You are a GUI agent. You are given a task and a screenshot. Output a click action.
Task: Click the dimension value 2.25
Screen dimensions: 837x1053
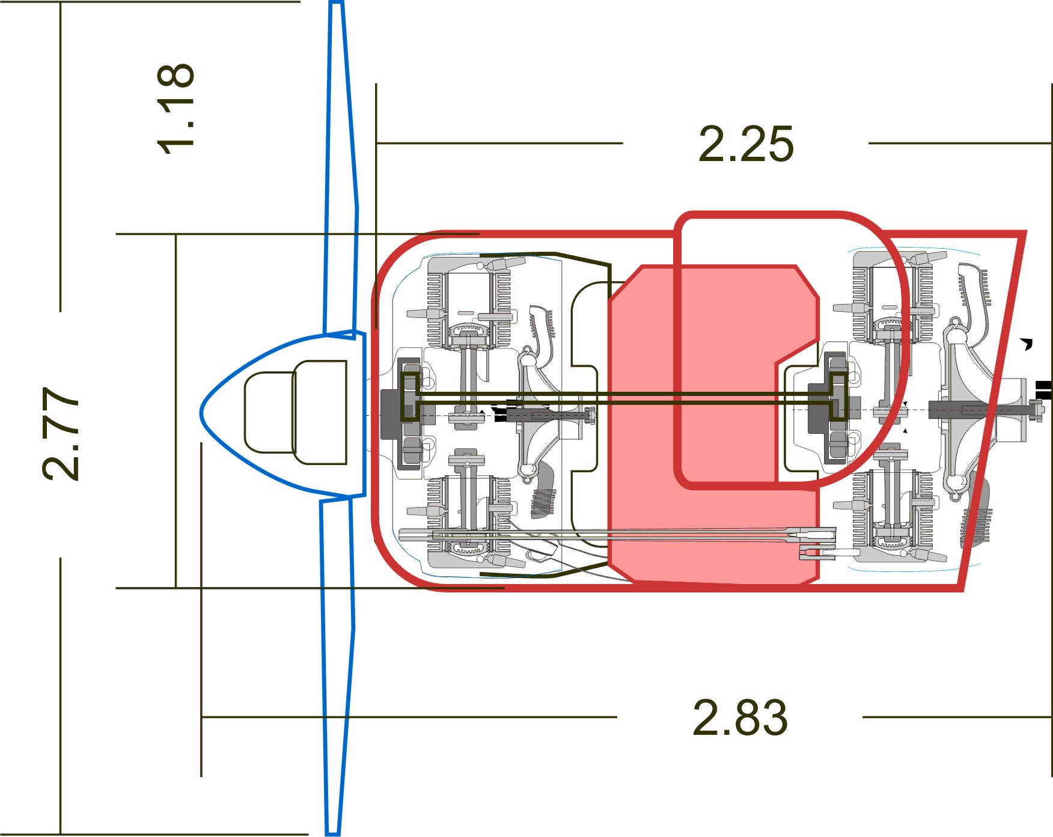tap(745, 144)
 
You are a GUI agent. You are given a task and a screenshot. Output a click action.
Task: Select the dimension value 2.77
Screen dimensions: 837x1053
tap(60, 433)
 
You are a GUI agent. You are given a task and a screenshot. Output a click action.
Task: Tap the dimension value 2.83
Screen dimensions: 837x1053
tap(739, 717)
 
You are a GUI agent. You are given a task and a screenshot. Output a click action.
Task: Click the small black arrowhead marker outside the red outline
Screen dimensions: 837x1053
tap(1027, 344)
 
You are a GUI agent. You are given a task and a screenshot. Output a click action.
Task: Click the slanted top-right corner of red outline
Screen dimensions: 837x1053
tap(1022, 234)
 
